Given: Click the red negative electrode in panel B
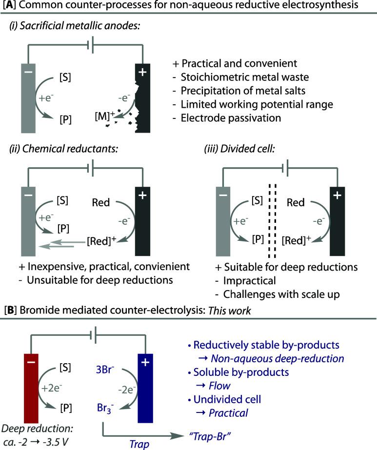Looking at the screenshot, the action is point(31,388).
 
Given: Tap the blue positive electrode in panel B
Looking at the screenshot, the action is point(145,388).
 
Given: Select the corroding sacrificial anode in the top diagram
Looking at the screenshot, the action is point(143,98).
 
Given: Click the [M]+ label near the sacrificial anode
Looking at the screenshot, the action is point(105,116).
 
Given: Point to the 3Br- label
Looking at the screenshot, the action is point(105,370).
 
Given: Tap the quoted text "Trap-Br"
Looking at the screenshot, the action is point(210,436).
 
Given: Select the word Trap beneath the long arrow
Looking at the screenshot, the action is point(139,444).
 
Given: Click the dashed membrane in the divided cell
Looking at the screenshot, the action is point(272,221).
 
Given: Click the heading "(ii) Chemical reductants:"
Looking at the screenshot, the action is point(64,149).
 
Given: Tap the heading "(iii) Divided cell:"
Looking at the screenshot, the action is point(239,149).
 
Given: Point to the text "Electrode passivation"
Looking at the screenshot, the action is point(231,118).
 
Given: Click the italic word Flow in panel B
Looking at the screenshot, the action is point(219,386).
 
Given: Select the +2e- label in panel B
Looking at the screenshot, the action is point(52,388).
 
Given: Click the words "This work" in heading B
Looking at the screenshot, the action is point(229,311).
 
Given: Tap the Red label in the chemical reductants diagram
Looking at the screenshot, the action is point(101,203).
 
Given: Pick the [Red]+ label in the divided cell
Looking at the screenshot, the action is point(297,240).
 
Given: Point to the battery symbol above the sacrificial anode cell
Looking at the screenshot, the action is point(90,44).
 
